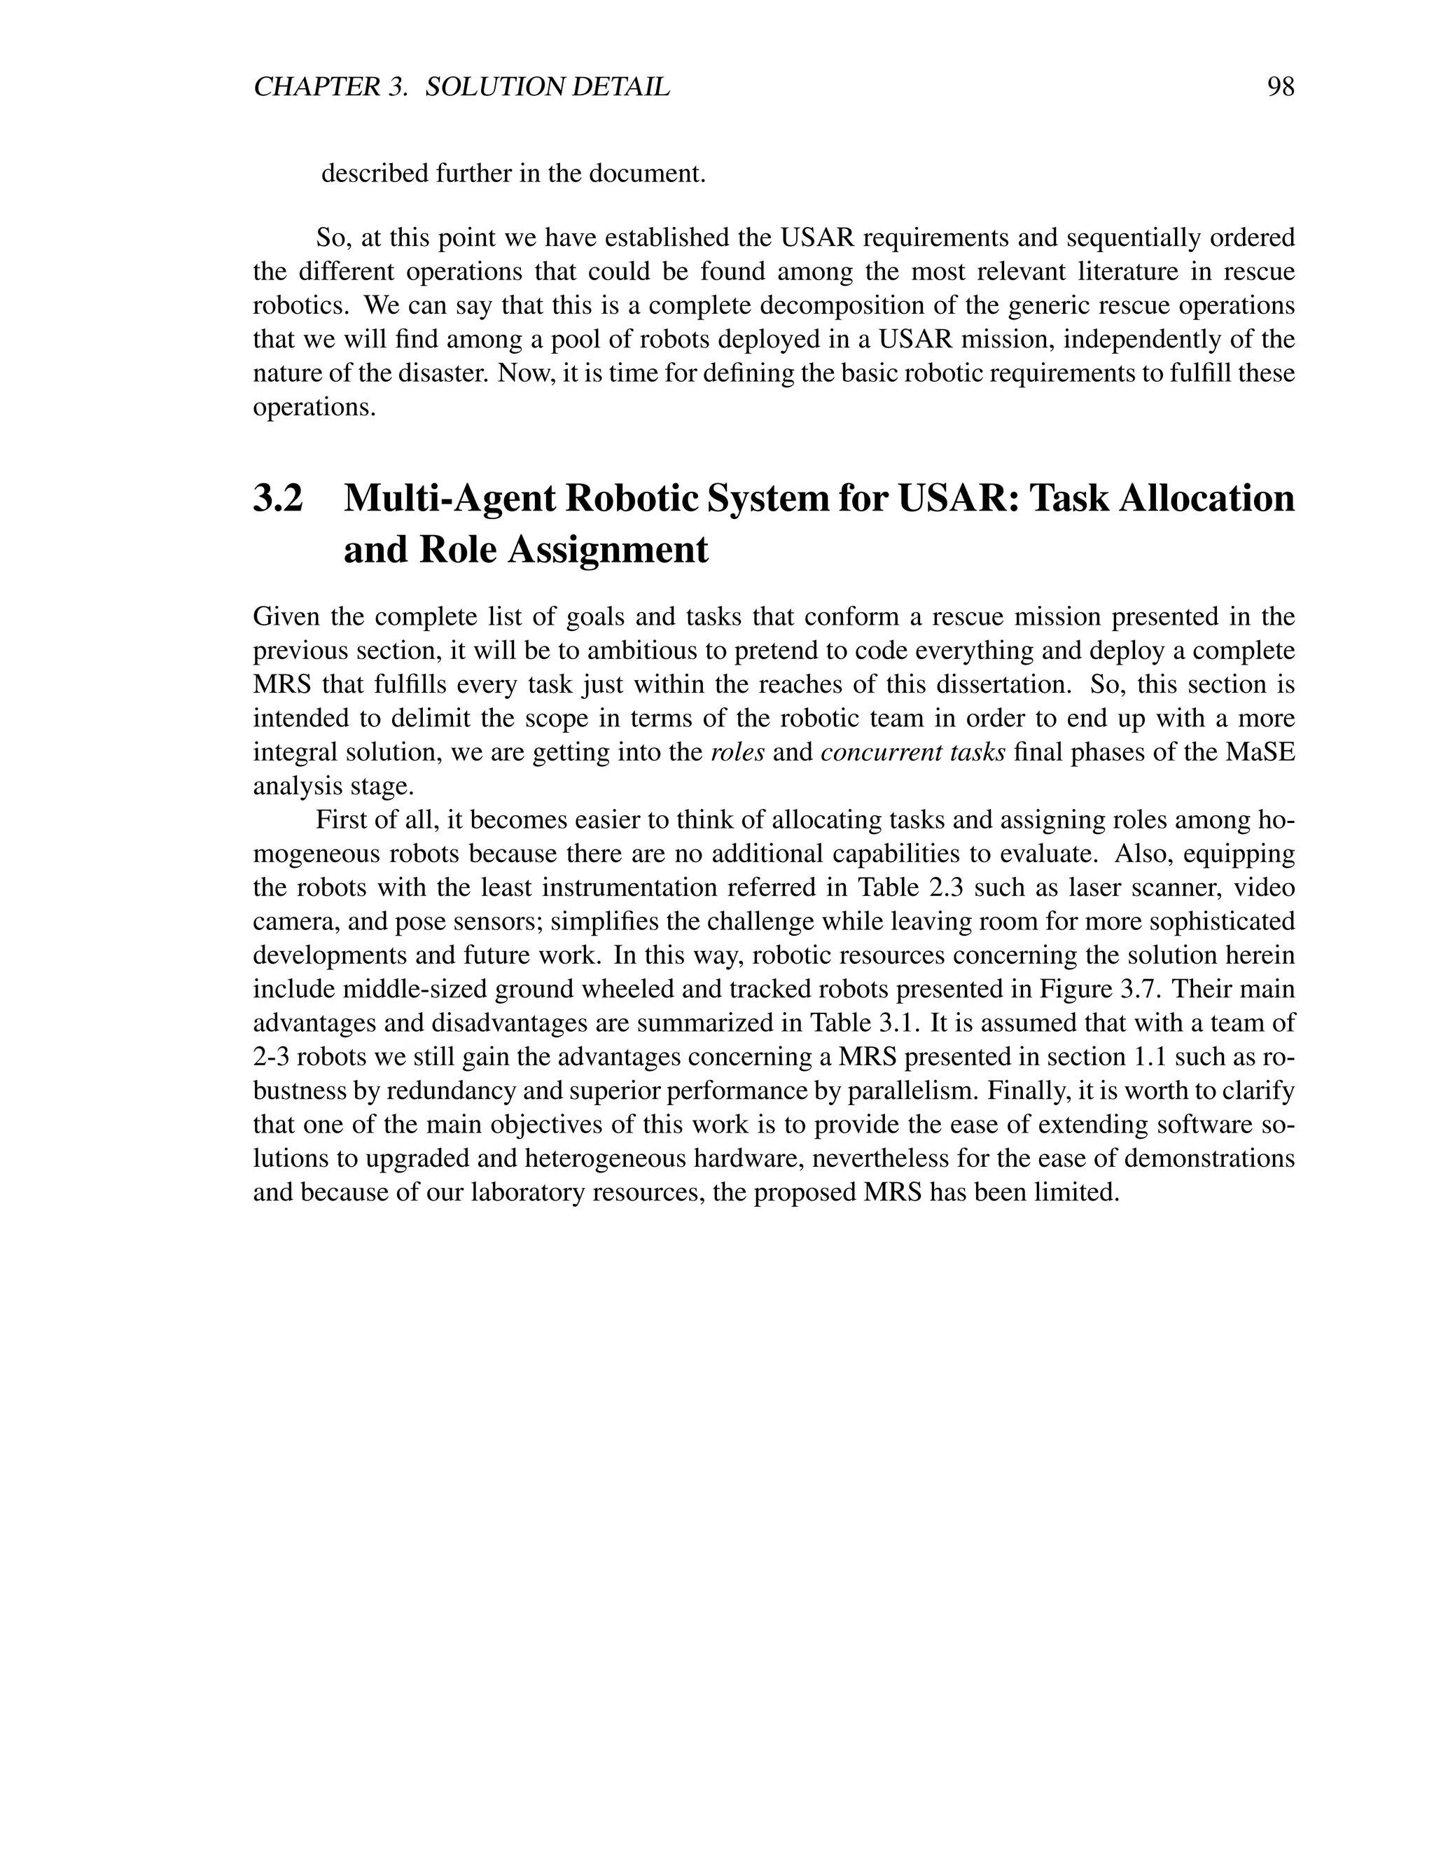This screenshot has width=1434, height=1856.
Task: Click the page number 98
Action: (x=1280, y=87)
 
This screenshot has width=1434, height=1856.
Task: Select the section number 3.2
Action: (x=278, y=498)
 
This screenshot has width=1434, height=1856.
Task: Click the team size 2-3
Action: (x=272, y=1057)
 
